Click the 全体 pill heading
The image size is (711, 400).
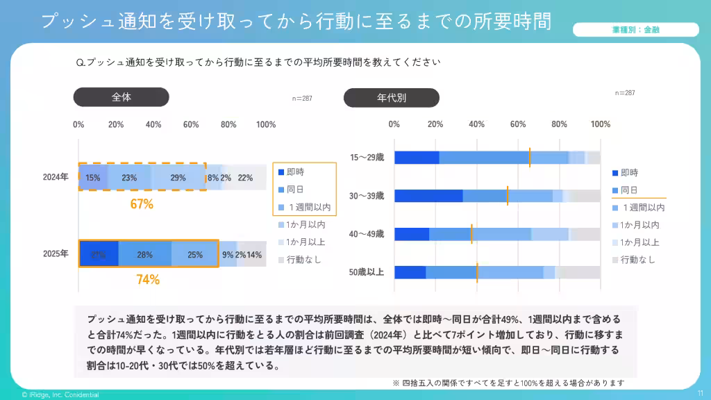[122, 97]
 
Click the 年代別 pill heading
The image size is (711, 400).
[391, 98]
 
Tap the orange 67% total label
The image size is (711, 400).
[142, 205]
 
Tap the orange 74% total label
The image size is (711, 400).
[148, 280]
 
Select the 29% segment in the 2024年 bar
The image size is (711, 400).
[178, 178]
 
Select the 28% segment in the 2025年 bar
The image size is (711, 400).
[144, 255]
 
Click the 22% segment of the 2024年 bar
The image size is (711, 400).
[245, 178]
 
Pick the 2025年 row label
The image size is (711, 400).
[56, 254]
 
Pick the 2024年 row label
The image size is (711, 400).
[56, 178]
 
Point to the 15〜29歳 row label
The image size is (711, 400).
[367, 158]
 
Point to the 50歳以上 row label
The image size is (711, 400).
[367, 272]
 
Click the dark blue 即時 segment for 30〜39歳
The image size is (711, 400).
[428, 196]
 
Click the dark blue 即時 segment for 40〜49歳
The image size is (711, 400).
[412, 234]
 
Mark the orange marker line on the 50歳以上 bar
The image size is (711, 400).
[477, 272]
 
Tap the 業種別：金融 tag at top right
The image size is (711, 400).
[635, 30]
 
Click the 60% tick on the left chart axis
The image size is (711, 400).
[191, 124]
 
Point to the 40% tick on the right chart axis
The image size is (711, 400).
[476, 124]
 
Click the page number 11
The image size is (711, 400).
[700, 393]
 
